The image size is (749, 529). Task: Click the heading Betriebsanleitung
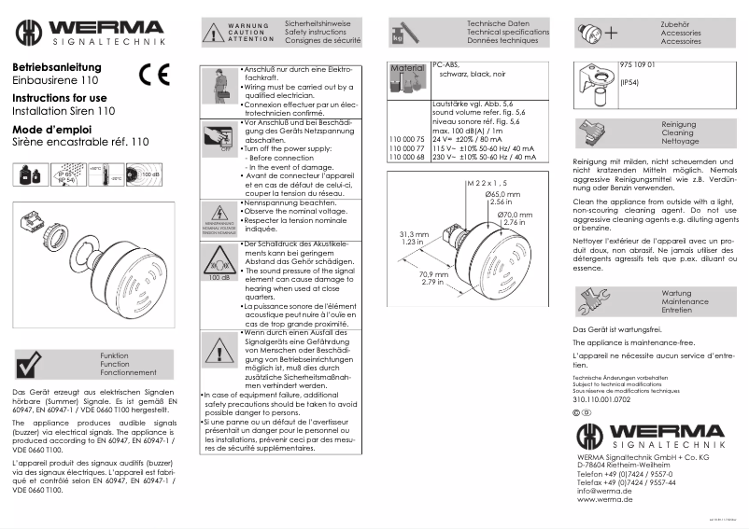(x=55, y=68)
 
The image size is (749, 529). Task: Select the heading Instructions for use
(x=59, y=98)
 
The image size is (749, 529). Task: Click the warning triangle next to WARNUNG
(x=212, y=34)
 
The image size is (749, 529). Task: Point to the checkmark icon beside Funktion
(x=31, y=365)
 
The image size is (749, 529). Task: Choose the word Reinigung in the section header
(x=678, y=124)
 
